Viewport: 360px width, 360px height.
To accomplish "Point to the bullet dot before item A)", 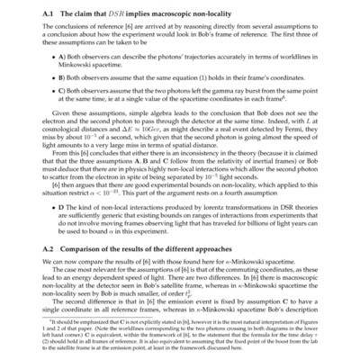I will click(x=57, y=55).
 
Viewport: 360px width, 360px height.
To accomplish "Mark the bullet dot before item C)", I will click(x=57, y=92).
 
